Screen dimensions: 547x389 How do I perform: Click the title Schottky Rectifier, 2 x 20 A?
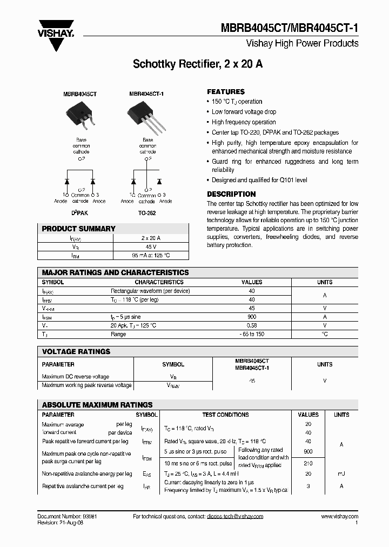(x=198, y=64)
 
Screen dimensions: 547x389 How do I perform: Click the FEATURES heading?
(x=226, y=92)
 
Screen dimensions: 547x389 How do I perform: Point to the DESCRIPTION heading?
(x=231, y=194)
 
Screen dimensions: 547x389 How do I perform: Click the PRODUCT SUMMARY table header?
(x=79, y=229)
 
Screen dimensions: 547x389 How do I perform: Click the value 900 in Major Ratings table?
(x=252, y=317)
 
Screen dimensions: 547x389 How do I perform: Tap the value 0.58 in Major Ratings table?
(x=252, y=325)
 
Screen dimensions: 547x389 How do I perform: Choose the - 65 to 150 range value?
(x=252, y=334)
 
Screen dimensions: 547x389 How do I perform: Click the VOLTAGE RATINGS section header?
(x=76, y=351)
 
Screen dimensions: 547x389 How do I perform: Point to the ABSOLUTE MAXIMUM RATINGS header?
(x=97, y=404)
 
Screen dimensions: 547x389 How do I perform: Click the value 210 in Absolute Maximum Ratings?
(x=308, y=463)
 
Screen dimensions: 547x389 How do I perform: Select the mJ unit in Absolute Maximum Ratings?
(x=341, y=473)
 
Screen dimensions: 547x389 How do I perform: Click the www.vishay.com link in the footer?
(x=339, y=516)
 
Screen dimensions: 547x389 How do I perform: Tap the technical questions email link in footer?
(x=234, y=516)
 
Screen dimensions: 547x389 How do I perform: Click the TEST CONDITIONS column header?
(x=225, y=415)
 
